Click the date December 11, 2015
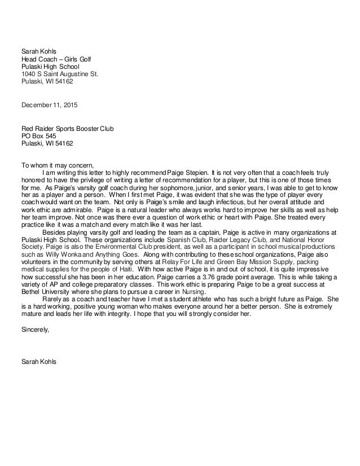(50, 105)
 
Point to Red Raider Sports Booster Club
(67, 128)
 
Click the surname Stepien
(197, 172)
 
